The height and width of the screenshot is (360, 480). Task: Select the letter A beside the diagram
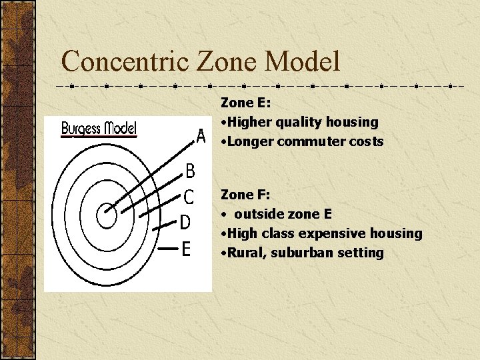201,137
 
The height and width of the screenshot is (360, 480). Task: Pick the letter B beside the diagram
190,171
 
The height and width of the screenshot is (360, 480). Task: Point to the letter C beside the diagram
189,197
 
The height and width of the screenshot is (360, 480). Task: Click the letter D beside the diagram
185,222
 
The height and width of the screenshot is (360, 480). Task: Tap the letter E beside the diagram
186,249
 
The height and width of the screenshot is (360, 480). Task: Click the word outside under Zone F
257,214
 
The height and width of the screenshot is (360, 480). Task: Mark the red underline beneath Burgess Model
99,136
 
